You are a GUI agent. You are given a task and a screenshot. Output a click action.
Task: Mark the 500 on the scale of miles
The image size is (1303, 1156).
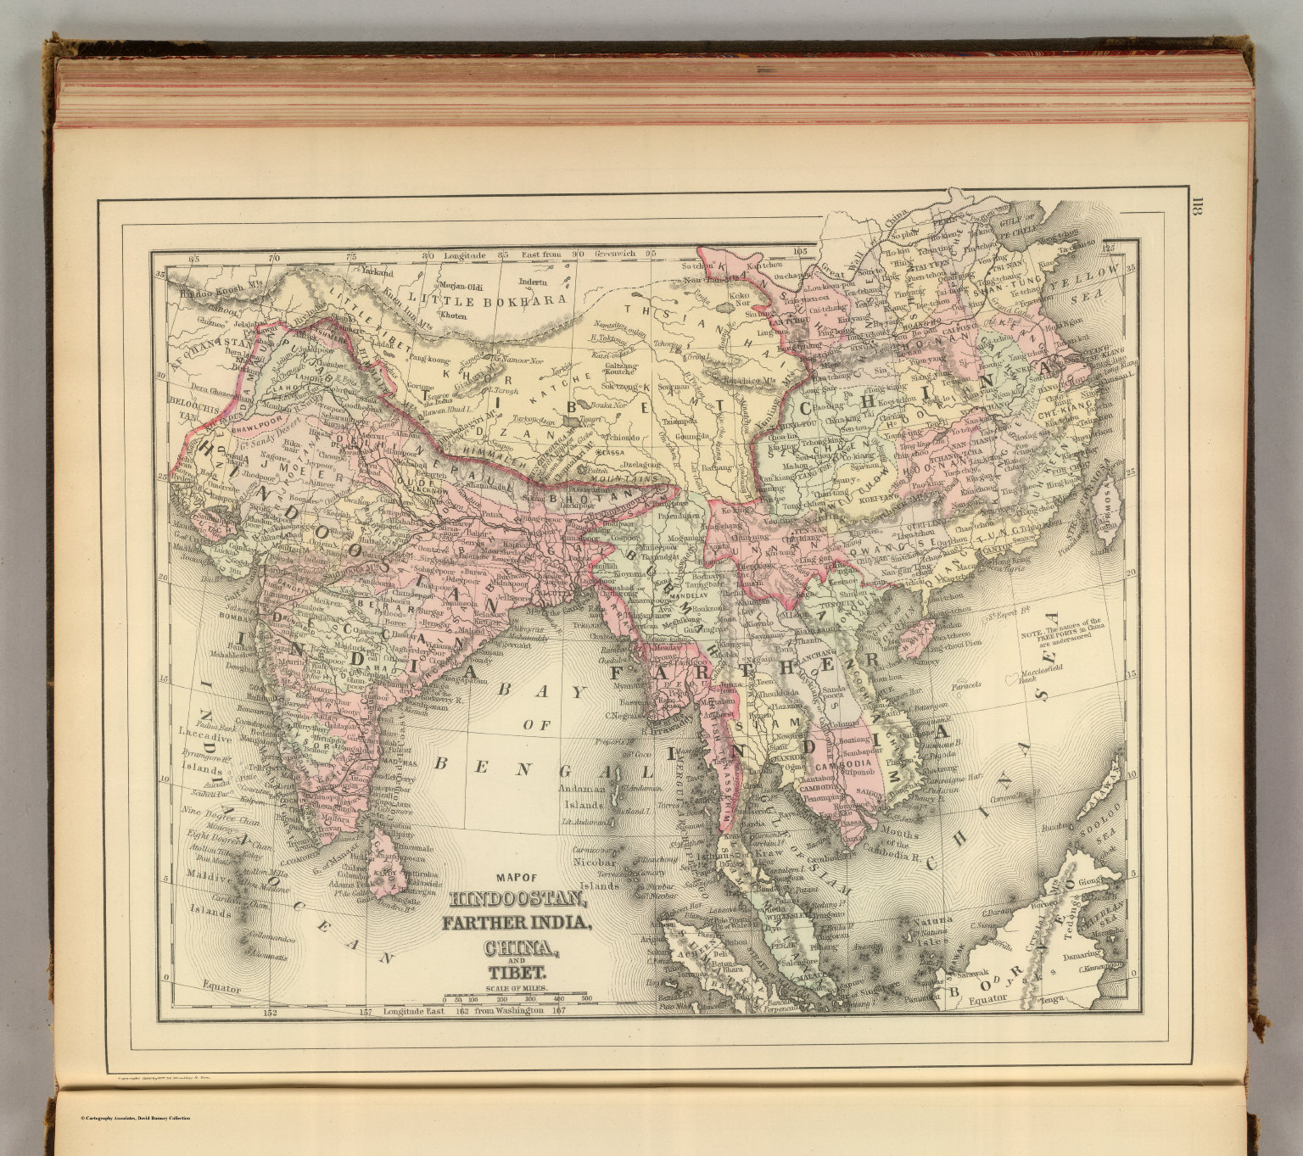click(x=586, y=1001)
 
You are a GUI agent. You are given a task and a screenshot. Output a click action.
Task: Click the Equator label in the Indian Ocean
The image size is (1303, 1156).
click(x=222, y=988)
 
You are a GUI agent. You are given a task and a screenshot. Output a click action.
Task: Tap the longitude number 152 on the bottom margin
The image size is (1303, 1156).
click(x=271, y=1013)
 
